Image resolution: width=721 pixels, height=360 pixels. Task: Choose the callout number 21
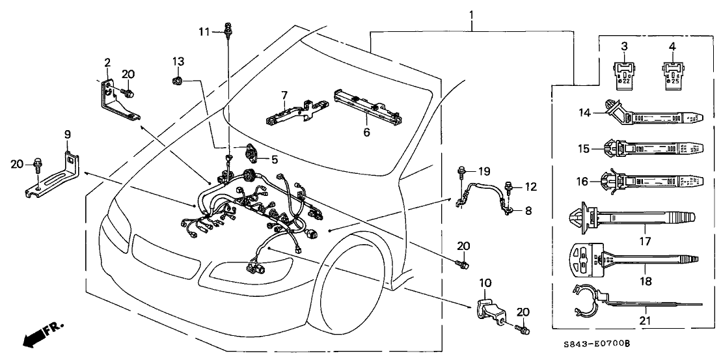[646, 320]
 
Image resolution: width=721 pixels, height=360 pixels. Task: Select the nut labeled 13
[178, 81]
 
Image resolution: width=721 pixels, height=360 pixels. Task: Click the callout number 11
[204, 31]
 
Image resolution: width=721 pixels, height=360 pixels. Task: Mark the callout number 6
[366, 132]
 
